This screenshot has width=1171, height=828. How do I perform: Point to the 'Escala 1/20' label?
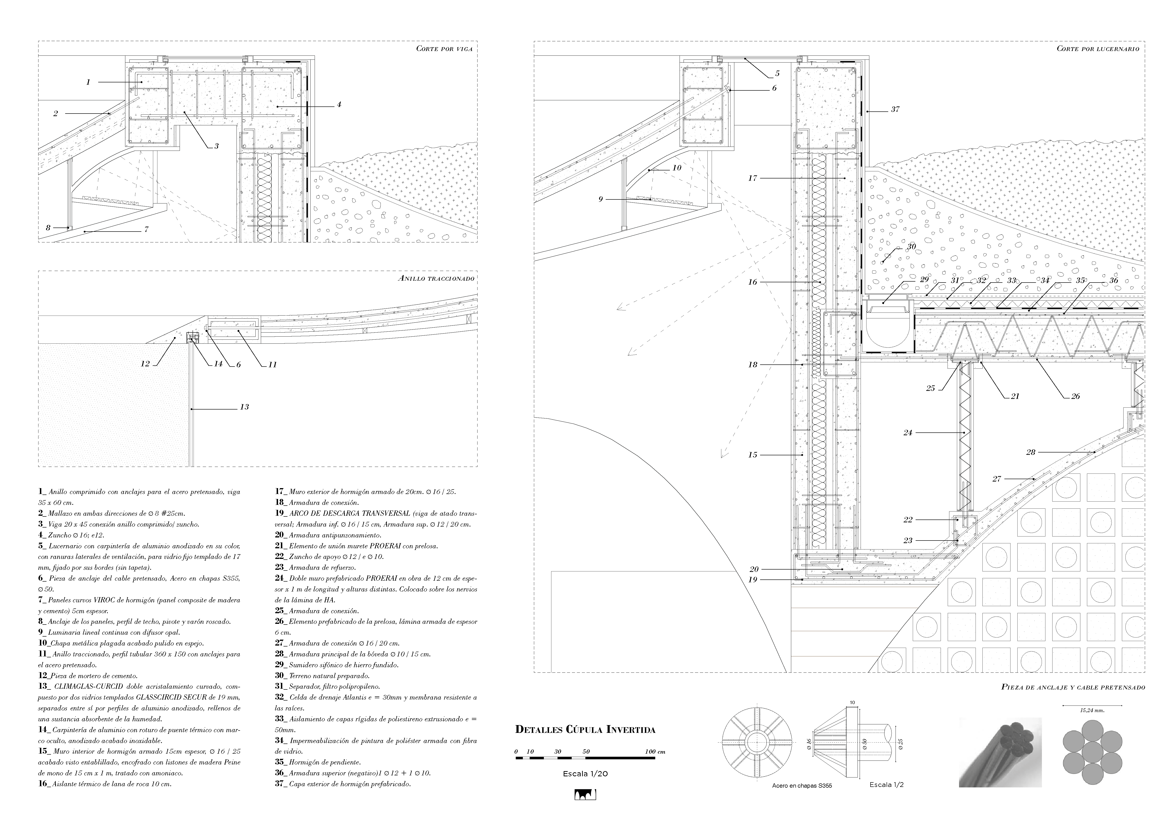585,774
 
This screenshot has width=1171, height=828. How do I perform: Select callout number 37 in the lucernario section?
895,109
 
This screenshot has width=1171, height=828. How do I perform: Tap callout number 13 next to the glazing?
244,407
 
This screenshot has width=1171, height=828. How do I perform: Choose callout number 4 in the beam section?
339,105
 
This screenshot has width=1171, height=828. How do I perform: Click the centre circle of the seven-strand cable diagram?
1092,752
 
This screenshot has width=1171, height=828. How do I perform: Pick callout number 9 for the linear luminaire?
601,199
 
